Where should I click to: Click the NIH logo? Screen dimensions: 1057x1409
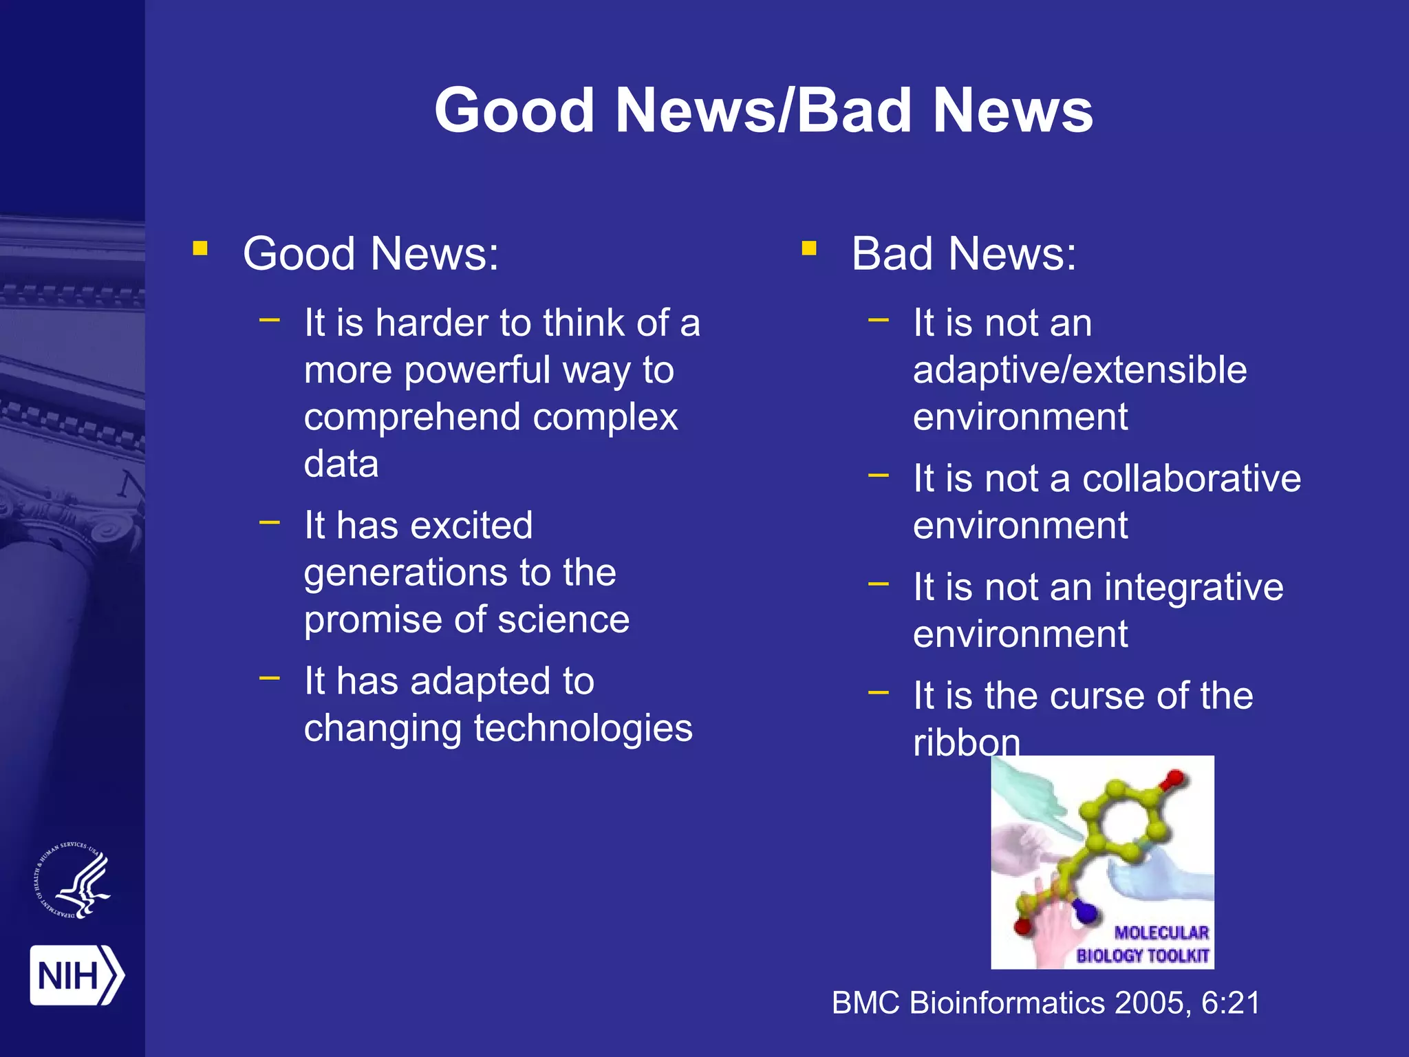(76, 975)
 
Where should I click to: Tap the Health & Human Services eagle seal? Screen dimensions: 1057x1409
(73, 882)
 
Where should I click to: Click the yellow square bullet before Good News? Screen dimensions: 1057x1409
(200, 248)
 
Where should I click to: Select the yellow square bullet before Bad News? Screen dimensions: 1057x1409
(809, 248)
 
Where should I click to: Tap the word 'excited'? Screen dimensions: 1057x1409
(471, 526)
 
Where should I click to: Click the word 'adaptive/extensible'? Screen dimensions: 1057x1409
(1079, 370)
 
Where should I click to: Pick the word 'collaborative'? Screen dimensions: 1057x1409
(1191, 478)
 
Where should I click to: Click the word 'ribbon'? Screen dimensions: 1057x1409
(966, 743)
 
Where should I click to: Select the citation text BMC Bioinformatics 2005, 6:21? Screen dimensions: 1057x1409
(1046, 1003)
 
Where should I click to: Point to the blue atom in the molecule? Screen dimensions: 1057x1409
(1084, 912)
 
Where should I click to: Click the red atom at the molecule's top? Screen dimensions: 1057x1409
(1174, 779)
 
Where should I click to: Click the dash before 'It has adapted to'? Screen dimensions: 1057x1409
(270, 679)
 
